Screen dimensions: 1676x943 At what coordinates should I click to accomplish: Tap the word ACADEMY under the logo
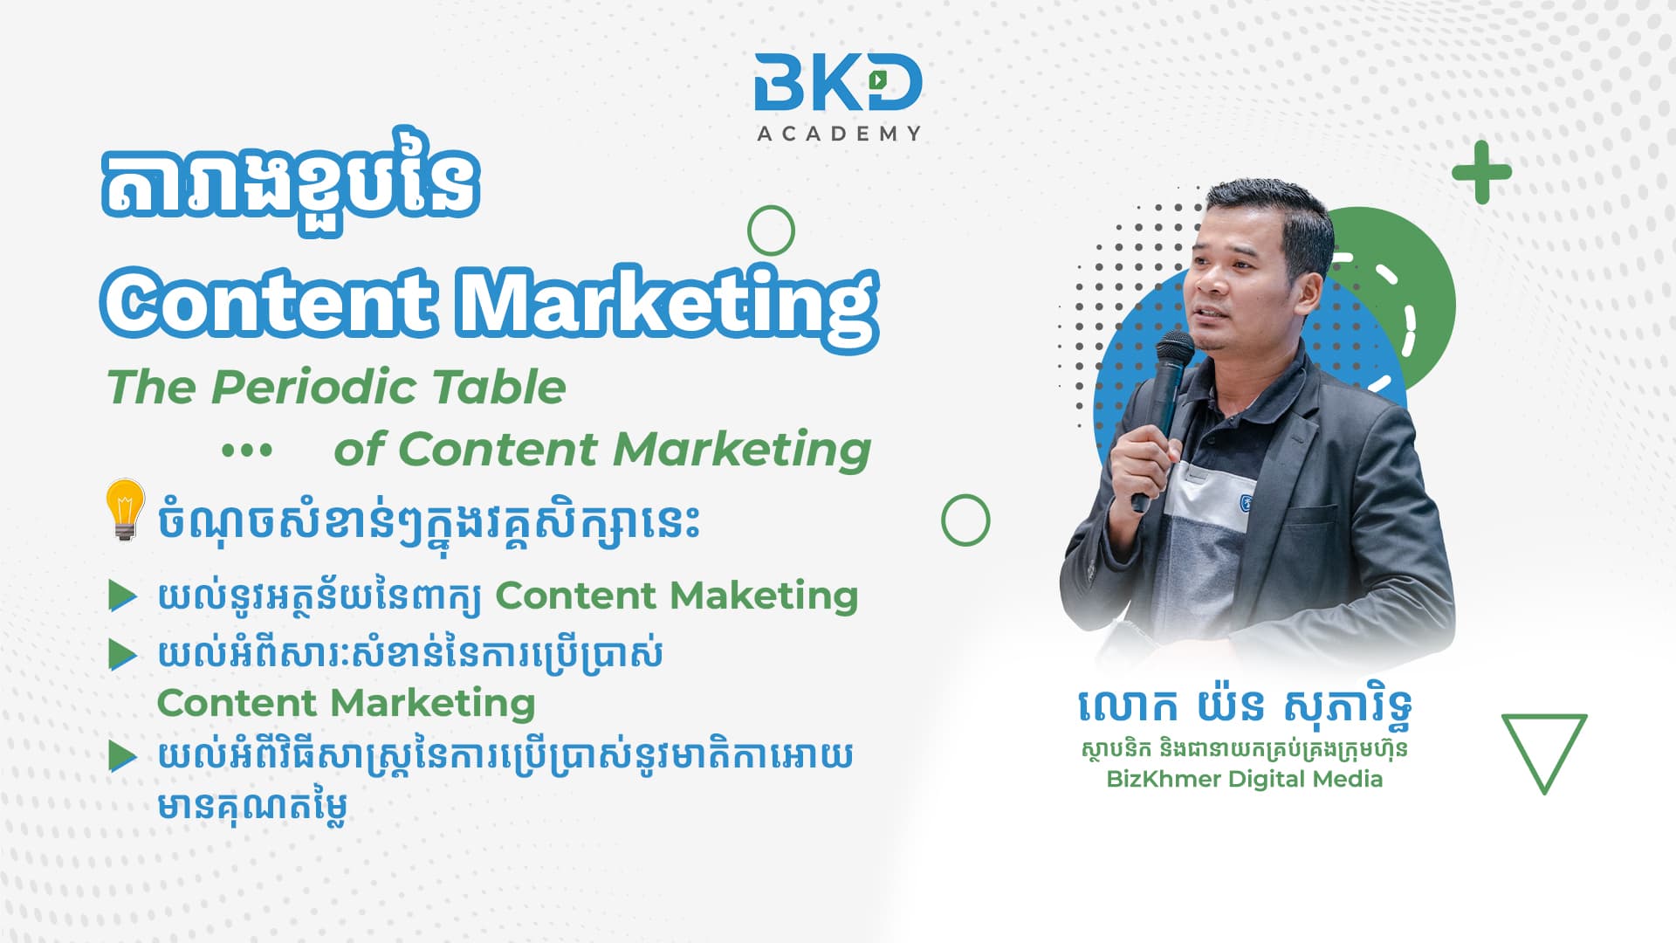click(839, 134)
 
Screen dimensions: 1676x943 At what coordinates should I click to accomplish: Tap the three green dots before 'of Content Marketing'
click(247, 451)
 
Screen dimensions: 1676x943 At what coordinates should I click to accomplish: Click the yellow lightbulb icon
click(125, 509)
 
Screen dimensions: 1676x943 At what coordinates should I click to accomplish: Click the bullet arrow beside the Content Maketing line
click(122, 595)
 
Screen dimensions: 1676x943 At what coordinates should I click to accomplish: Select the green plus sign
click(1481, 171)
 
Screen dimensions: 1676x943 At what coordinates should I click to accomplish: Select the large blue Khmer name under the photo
click(1246, 707)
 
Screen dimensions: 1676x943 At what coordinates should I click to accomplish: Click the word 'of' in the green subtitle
click(359, 450)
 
